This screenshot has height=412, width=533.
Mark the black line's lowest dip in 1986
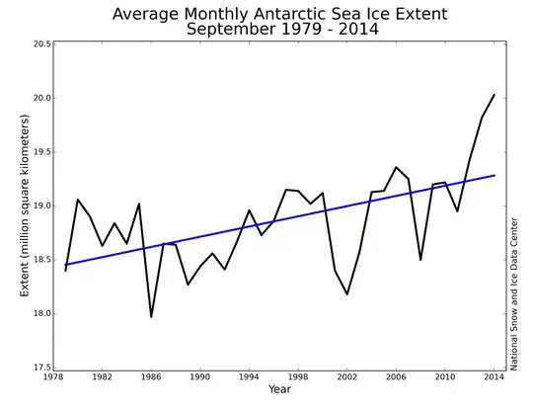pyautogui.click(x=151, y=317)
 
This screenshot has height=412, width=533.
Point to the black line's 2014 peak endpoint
pyautogui.click(x=494, y=95)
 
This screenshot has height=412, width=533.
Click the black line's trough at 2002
pyautogui.click(x=346, y=294)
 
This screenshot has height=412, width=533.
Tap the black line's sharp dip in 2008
pyautogui.click(x=420, y=260)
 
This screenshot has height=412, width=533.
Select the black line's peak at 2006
pyautogui.click(x=396, y=167)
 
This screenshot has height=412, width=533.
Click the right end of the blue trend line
pyautogui.click(x=494, y=176)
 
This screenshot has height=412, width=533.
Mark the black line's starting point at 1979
pyautogui.click(x=65, y=271)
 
